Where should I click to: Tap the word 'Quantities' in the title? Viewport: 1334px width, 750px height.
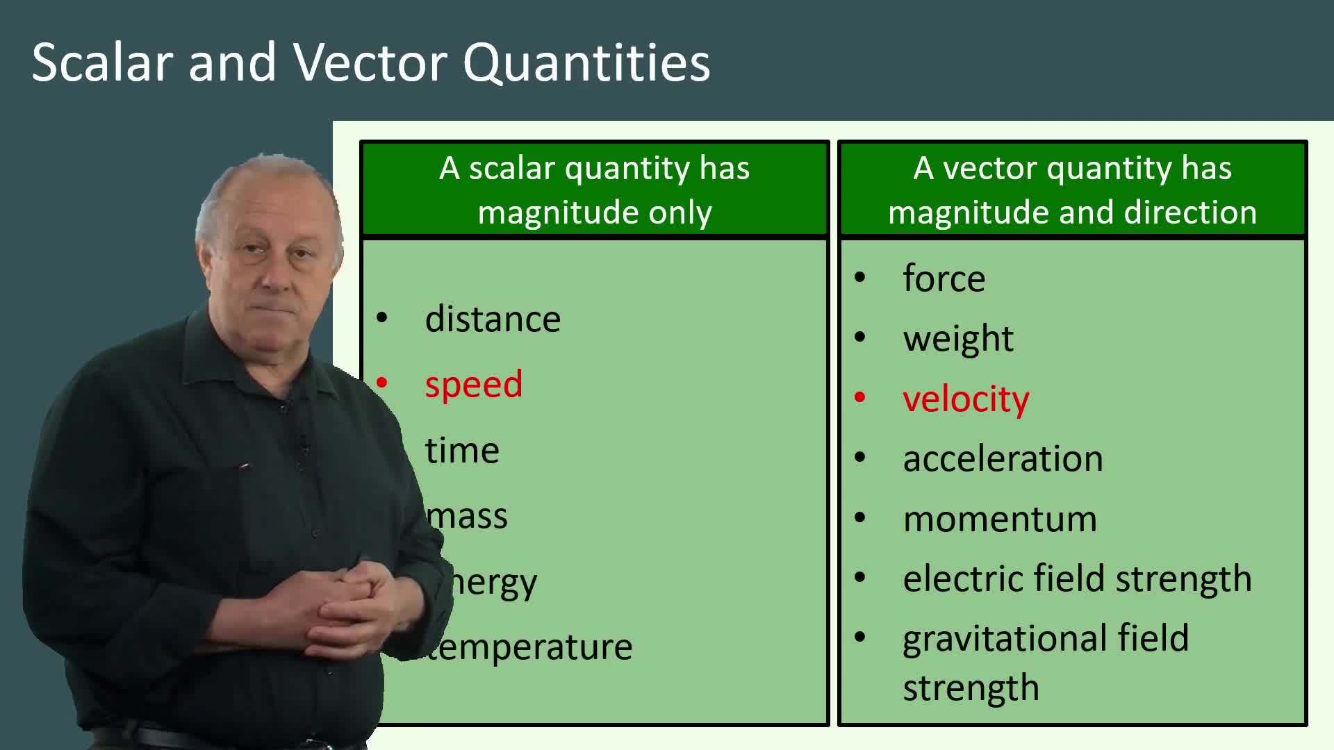coord(586,62)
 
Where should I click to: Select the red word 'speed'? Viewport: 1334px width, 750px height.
coord(473,384)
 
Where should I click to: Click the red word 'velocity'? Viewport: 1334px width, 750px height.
coord(966,399)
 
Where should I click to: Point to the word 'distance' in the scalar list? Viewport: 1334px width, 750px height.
coord(493,319)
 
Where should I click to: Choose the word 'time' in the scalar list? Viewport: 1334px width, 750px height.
coord(462,450)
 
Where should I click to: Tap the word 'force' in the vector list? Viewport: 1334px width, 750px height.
coord(944,278)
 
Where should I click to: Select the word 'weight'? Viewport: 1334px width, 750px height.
coord(958,339)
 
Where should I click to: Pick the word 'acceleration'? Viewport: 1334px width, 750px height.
coord(1003,458)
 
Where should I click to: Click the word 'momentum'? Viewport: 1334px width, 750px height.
coord(1000,519)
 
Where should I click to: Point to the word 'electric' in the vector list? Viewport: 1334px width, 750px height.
coord(962,578)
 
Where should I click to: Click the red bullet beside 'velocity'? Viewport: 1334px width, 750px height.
coord(860,398)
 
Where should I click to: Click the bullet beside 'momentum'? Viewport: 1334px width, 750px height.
coord(860,518)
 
